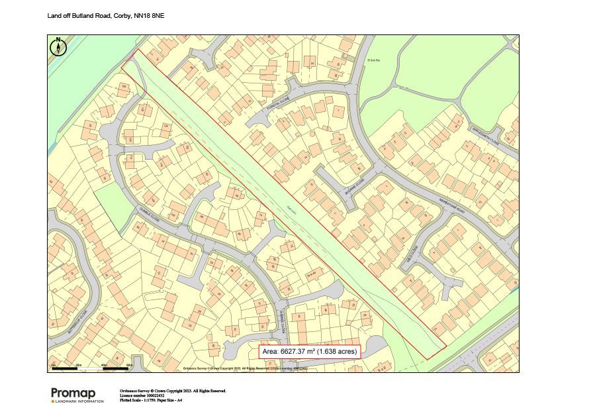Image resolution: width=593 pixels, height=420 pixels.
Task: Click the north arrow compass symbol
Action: (x=58, y=47)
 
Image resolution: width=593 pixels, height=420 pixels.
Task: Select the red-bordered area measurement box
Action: (x=310, y=352)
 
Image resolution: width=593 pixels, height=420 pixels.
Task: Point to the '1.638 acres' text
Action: (x=338, y=352)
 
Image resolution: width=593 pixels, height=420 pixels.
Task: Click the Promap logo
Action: (x=73, y=394)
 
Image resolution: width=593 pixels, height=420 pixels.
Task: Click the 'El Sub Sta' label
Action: (x=375, y=60)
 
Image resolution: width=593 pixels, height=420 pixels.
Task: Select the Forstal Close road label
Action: (x=275, y=105)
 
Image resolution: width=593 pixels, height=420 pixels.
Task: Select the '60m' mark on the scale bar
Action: (x=129, y=364)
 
